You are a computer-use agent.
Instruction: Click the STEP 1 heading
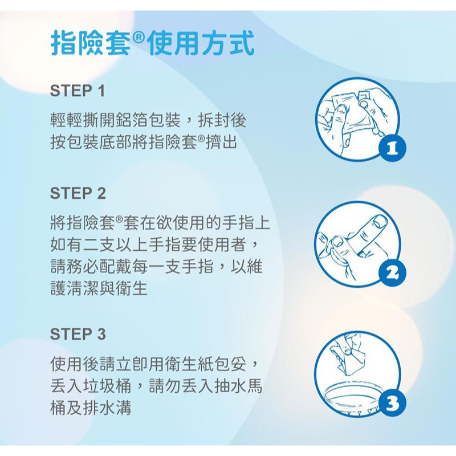point(78,91)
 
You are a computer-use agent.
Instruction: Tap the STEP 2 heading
point(78,193)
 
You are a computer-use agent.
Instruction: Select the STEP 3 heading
point(78,333)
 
